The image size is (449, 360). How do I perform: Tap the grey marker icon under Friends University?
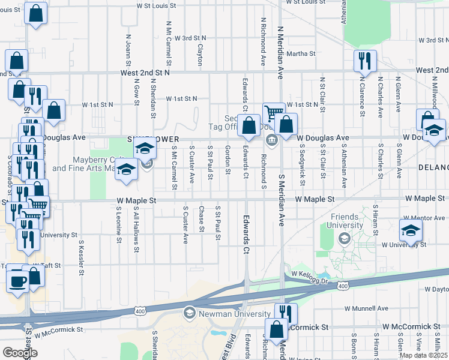345,238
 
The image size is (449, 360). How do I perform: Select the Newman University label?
235,314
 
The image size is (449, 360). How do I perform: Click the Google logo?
20,352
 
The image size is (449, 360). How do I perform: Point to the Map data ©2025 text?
423,355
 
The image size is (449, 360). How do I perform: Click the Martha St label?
301,54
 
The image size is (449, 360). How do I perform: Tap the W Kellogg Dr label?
310,274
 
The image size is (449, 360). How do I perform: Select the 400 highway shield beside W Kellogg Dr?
342,286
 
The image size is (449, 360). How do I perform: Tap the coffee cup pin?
18,280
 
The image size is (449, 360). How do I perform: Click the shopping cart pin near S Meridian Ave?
274,113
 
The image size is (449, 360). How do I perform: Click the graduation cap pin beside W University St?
411,230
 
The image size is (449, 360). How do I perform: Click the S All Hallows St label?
137,228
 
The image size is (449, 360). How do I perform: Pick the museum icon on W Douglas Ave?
271,140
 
